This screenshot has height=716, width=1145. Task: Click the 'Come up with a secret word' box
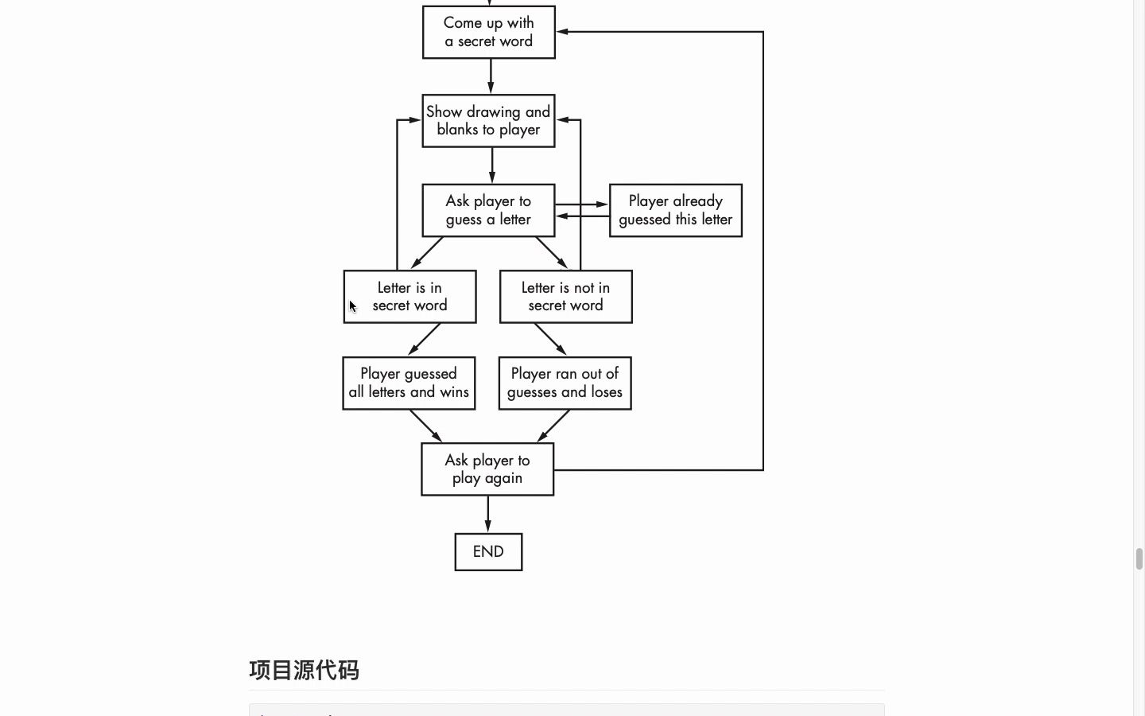click(x=489, y=33)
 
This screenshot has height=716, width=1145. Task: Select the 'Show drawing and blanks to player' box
click(x=488, y=121)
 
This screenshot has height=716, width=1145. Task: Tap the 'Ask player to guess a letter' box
click(x=488, y=211)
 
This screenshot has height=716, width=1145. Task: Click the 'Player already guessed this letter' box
click(x=676, y=211)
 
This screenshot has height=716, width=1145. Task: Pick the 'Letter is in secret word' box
click(x=410, y=297)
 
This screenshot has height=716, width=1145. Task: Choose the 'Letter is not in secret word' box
click(x=566, y=297)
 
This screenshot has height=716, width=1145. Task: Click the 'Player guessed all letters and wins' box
click(x=409, y=383)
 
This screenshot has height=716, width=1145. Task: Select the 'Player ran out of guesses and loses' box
click(x=565, y=383)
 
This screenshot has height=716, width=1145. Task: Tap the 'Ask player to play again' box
click(x=487, y=470)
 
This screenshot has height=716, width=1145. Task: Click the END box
click(x=488, y=552)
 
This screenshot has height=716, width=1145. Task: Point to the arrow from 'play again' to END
click(x=488, y=514)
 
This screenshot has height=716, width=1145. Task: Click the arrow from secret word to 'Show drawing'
click(x=491, y=76)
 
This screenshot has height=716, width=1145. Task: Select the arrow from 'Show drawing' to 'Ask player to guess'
click(x=492, y=165)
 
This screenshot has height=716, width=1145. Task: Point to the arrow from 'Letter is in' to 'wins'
click(x=425, y=339)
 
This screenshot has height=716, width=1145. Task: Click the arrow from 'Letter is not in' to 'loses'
click(x=550, y=339)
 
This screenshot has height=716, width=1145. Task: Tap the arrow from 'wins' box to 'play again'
click(x=425, y=426)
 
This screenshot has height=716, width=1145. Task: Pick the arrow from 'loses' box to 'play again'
click(x=554, y=426)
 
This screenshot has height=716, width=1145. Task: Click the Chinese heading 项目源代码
click(x=305, y=670)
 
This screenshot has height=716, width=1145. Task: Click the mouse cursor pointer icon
click(x=353, y=307)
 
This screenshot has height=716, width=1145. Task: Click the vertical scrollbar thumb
click(x=1139, y=558)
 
